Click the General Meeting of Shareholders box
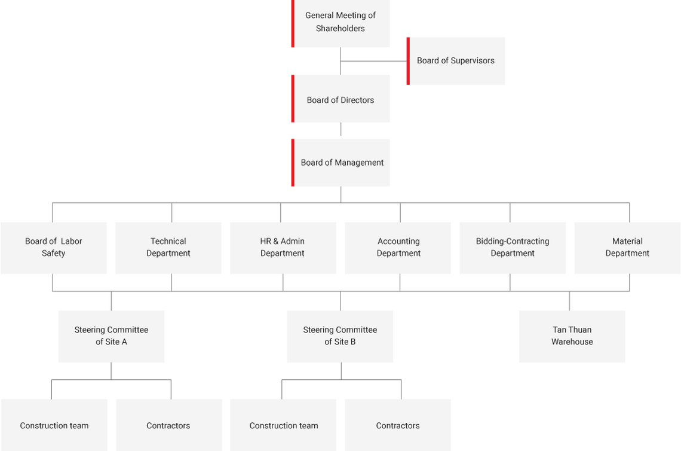coord(340,24)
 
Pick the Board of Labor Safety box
coord(54,248)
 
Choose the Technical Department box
coord(168,248)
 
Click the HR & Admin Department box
coord(283,248)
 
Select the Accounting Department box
coord(398,248)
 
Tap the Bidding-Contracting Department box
coord(513,248)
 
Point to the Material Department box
coord(627,248)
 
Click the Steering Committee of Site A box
coord(111,336)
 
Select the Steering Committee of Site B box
coord(340,336)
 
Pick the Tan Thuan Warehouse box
coord(572,336)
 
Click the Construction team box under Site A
coord(54,425)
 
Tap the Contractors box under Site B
coord(398,425)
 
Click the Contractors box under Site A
coord(168,425)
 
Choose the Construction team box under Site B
coord(284,425)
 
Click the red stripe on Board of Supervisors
coord(407,60)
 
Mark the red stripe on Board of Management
coord(292,162)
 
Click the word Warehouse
coord(572,342)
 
